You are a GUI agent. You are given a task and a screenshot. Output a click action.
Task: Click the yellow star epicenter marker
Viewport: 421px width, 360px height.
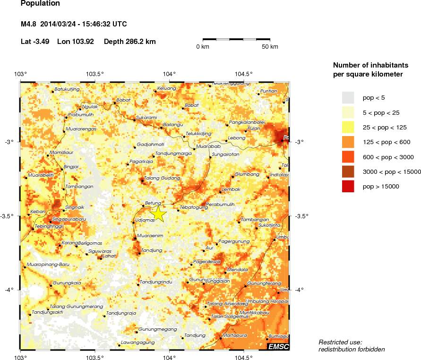158,214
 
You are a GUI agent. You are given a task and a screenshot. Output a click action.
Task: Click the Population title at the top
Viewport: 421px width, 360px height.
41,4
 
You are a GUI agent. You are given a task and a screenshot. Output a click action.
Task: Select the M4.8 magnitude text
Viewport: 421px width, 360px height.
29,24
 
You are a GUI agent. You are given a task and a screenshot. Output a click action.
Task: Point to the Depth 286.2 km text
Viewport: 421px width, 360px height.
129,42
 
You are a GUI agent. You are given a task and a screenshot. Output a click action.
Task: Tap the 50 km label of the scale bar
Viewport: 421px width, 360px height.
270,47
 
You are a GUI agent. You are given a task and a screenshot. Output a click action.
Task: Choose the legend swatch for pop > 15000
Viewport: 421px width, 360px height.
348,187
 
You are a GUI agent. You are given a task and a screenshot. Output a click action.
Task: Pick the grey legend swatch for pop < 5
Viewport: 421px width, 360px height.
348,97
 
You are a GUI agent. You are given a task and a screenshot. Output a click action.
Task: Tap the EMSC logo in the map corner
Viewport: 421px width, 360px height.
278,347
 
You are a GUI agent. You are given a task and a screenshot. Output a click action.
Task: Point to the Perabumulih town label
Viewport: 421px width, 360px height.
220,204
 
